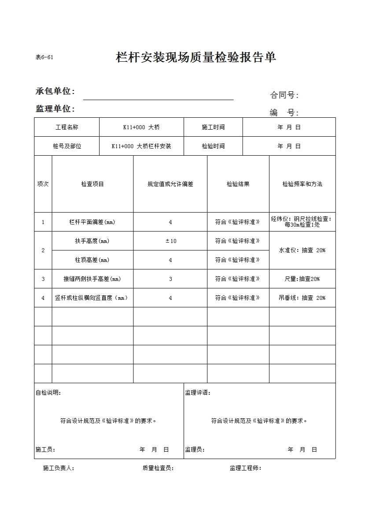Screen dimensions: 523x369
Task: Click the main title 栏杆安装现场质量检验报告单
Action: pos(196,57)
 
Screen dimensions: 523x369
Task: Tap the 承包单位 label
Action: pos(55,91)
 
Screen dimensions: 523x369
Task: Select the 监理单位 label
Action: pos(55,108)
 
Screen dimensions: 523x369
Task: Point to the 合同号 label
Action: pos(284,95)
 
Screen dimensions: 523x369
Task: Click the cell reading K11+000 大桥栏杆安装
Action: pos(141,146)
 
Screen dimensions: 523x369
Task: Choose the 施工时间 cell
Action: pos(213,127)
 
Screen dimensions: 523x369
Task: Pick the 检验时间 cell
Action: pos(213,146)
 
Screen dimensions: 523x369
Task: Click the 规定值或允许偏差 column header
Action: pos(170,184)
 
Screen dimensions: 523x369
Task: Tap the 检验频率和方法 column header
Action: pos(302,184)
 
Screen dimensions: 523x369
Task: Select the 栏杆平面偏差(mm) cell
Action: pos(92,222)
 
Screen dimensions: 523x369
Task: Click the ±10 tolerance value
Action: pos(170,241)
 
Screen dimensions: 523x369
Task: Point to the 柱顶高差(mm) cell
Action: pos(92,260)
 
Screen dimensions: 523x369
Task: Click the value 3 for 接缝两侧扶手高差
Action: pos(170,279)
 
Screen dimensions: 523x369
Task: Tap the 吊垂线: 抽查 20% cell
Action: pos(302,298)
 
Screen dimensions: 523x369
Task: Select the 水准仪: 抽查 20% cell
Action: pos(302,250)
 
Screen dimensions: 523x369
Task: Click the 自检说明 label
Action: pos(48,392)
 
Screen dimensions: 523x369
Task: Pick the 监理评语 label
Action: pos(198,392)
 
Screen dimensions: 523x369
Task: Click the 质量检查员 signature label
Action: pos(158,468)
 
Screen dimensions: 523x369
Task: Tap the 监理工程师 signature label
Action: pos(245,468)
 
